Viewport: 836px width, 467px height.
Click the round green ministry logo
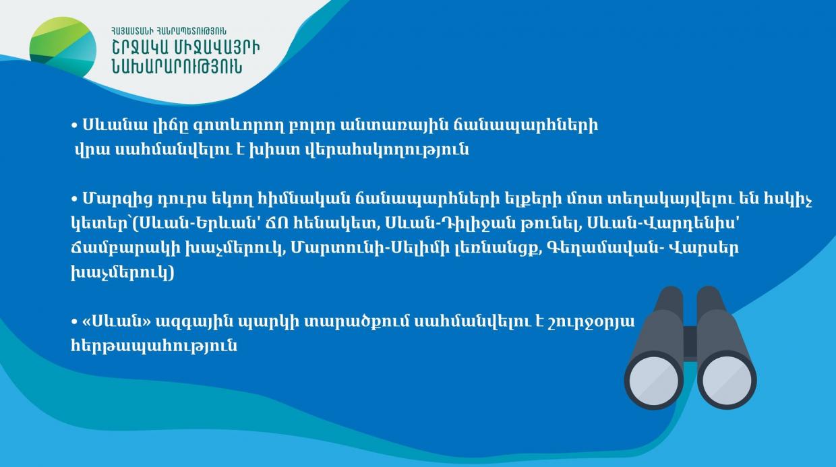pyautogui.click(x=63, y=47)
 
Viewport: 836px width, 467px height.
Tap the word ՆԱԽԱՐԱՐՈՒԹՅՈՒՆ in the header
pyautogui.click(x=177, y=67)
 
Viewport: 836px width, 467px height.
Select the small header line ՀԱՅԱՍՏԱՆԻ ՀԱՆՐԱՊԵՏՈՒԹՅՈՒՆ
pyautogui.click(x=169, y=31)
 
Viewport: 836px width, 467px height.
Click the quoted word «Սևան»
pyautogui.click(x=117, y=321)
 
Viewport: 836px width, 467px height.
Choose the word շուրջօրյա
pyautogui.click(x=594, y=322)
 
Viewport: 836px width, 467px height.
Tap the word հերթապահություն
pyautogui.click(x=154, y=346)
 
